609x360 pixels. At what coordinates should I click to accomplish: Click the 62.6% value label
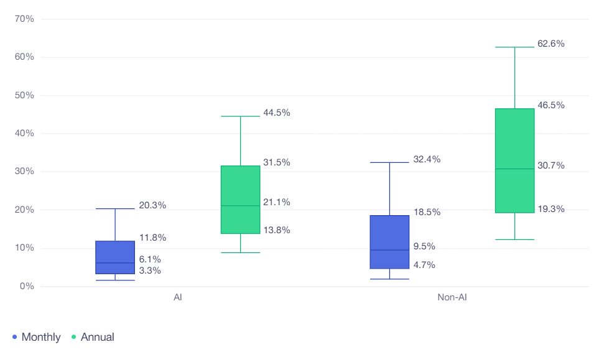pyautogui.click(x=551, y=44)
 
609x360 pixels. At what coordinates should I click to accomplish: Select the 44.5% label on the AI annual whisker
pyautogui.click(x=276, y=113)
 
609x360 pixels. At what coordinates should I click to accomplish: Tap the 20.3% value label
pyautogui.click(x=152, y=205)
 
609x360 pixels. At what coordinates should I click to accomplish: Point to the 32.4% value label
pyautogui.click(x=426, y=159)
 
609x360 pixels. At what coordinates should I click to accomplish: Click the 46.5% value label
pyautogui.click(x=551, y=105)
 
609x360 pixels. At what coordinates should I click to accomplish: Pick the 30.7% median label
pyautogui.click(x=551, y=165)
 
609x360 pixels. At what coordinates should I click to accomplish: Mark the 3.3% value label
pyautogui.click(x=150, y=270)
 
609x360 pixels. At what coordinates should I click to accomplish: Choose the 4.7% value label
pyautogui.click(x=424, y=265)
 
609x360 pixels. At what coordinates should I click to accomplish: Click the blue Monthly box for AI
pyautogui.click(x=115, y=257)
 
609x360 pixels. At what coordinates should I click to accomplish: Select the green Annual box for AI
pyautogui.click(x=240, y=200)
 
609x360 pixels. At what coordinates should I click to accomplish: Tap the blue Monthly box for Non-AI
pyautogui.click(x=390, y=242)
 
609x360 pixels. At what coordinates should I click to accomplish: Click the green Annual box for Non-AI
pyautogui.click(x=515, y=160)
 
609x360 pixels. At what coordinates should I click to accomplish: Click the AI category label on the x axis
pyautogui.click(x=178, y=298)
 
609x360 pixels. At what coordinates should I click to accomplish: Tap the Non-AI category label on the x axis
pyautogui.click(x=452, y=298)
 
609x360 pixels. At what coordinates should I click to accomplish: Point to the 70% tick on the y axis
pyautogui.click(x=24, y=19)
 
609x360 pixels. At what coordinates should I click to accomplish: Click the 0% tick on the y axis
pyautogui.click(x=27, y=287)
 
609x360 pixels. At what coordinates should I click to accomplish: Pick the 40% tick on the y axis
pyautogui.click(x=24, y=134)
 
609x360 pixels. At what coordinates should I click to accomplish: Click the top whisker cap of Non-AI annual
pyautogui.click(x=515, y=47)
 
